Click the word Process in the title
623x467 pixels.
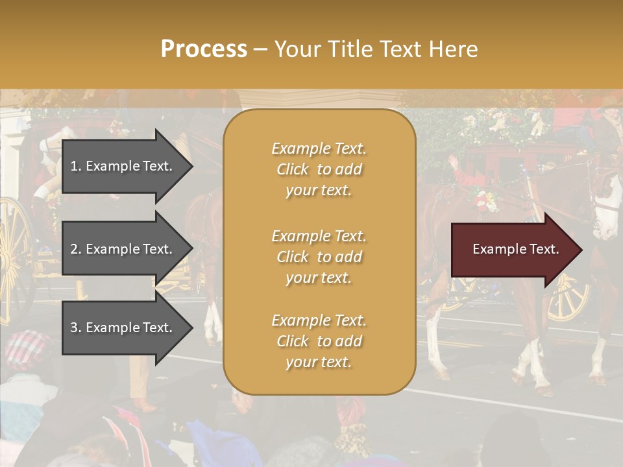click(x=204, y=49)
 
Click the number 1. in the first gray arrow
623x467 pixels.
click(x=76, y=166)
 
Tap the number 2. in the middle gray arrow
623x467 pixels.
click(x=76, y=249)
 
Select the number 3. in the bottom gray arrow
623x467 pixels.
click(x=76, y=328)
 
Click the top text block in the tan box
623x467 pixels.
click(x=319, y=169)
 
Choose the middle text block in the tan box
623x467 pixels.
click(x=319, y=257)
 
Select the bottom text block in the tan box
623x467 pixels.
click(x=319, y=341)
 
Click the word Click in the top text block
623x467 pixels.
click(x=293, y=169)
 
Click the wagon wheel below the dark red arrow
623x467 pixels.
click(x=568, y=298)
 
